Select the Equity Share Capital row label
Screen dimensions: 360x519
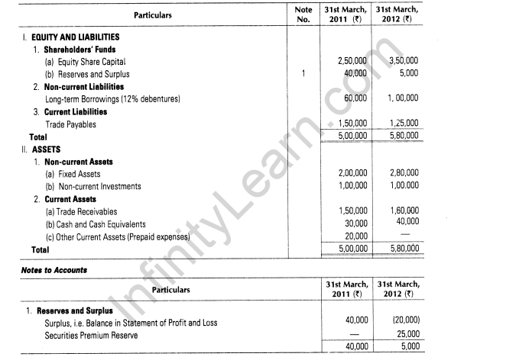tap(85, 62)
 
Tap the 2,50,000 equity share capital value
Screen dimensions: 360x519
tap(352, 62)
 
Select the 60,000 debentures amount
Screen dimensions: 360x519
tap(355, 99)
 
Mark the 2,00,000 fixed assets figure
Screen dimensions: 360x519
tap(352, 174)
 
